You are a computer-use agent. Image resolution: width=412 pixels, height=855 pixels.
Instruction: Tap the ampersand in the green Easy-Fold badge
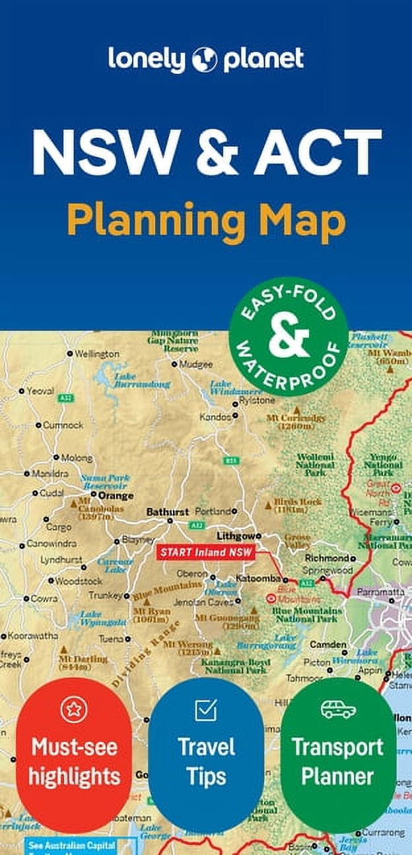coord(289,336)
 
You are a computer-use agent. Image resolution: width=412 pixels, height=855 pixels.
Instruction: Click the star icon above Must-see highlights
coord(74,710)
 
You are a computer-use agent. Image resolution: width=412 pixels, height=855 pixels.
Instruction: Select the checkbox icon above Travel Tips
coord(206,710)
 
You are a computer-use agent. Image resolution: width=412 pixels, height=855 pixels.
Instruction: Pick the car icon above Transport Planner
coord(338,709)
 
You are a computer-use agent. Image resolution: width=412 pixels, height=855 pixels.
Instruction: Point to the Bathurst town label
coord(167,511)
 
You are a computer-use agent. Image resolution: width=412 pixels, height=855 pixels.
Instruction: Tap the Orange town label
coord(116,495)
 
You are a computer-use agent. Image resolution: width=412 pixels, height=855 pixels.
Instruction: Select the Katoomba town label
coord(264,579)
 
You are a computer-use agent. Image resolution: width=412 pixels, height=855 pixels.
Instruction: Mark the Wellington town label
coord(97,354)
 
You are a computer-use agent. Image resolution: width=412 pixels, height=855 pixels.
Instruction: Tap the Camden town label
coord(328,644)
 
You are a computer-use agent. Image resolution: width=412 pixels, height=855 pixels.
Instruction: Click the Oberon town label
coord(191,573)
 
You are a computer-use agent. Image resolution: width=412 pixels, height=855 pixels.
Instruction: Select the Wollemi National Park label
coord(315,464)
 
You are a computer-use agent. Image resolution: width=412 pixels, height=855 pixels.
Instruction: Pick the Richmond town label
coord(326,557)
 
